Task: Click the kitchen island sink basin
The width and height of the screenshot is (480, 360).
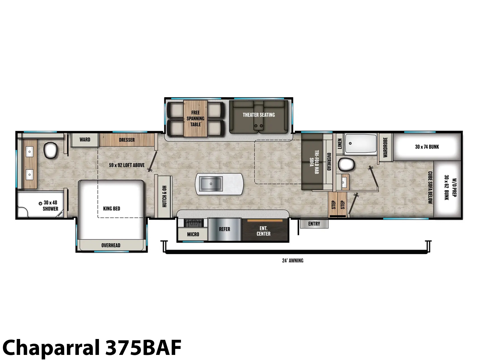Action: coord(211,184)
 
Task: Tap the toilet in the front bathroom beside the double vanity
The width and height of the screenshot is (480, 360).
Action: coord(50,150)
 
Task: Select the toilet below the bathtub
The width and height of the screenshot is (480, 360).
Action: coord(346,164)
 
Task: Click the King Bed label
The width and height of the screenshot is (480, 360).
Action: coord(112,208)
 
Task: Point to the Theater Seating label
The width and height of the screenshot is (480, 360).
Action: coord(259,115)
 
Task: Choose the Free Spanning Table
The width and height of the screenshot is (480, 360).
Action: coord(195,118)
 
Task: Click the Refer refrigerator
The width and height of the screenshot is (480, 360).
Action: coord(225,229)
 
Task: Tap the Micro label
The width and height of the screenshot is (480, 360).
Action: coord(193,235)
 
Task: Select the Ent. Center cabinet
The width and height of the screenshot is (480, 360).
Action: coord(265,229)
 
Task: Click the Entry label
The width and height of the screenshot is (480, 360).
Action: coord(314,223)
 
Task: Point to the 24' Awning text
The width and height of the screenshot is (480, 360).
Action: coord(292,260)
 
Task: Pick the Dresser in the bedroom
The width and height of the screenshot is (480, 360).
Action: coord(127,140)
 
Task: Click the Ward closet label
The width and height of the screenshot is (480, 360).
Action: coord(85,139)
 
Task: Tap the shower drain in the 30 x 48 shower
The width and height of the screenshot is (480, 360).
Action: coord(40,203)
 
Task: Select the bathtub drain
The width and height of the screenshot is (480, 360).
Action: coord(350,143)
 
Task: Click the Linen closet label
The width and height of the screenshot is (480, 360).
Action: coord(340,144)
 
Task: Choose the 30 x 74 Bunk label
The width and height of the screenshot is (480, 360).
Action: coord(427,147)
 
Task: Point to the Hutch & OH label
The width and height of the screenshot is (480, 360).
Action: coord(164,196)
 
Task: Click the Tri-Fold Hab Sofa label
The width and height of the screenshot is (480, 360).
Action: coord(314,162)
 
